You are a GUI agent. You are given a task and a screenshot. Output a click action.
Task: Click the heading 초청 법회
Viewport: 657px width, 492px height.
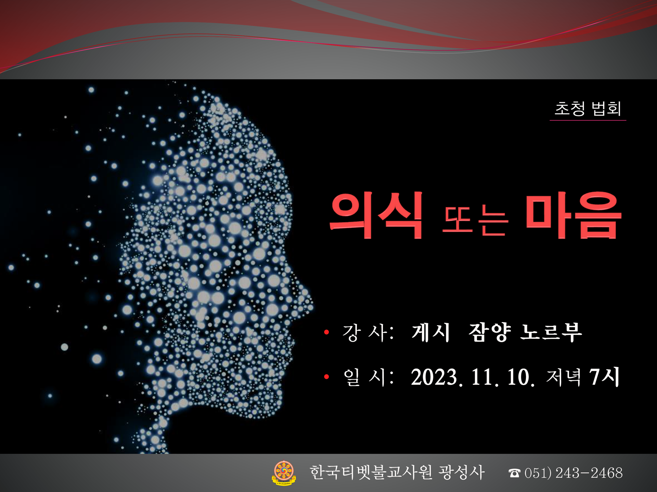click(x=588, y=109)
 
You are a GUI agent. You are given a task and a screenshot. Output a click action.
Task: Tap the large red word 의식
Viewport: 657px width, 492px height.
click(x=376, y=215)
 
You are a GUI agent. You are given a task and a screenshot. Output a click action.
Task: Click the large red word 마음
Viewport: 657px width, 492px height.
click(x=574, y=215)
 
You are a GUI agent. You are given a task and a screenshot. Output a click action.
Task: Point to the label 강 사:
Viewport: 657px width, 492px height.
click(x=368, y=332)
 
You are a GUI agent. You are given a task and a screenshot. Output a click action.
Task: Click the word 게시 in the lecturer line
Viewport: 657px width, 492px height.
click(x=430, y=332)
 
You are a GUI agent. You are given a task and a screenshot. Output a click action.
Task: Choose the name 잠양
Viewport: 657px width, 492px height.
click(x=490, y=332)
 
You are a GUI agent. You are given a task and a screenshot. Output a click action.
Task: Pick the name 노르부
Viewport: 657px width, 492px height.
click(x=551, y=332)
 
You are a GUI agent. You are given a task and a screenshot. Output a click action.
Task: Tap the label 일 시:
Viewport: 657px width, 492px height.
click(x=369, y=378)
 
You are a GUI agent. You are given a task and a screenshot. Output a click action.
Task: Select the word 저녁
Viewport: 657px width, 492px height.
click(x=564, y=378)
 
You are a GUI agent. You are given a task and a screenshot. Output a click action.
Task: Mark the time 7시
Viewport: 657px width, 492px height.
click(x=605, y=377)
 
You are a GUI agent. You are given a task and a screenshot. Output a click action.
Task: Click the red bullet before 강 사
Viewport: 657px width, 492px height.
click(x=326, y=332)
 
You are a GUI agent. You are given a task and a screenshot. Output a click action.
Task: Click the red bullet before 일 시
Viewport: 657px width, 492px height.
click(x=326, y=377)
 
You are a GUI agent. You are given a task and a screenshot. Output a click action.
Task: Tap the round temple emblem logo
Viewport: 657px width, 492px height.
click(x=284, y=473)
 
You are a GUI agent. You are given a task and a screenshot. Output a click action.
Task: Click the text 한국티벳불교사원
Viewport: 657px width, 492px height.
click(x=371, y=473)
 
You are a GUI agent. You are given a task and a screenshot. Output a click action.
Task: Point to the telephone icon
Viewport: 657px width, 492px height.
click(x=514, y=473)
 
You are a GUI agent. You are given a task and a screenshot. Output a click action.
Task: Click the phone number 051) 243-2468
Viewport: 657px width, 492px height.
click(x=574, y=473)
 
